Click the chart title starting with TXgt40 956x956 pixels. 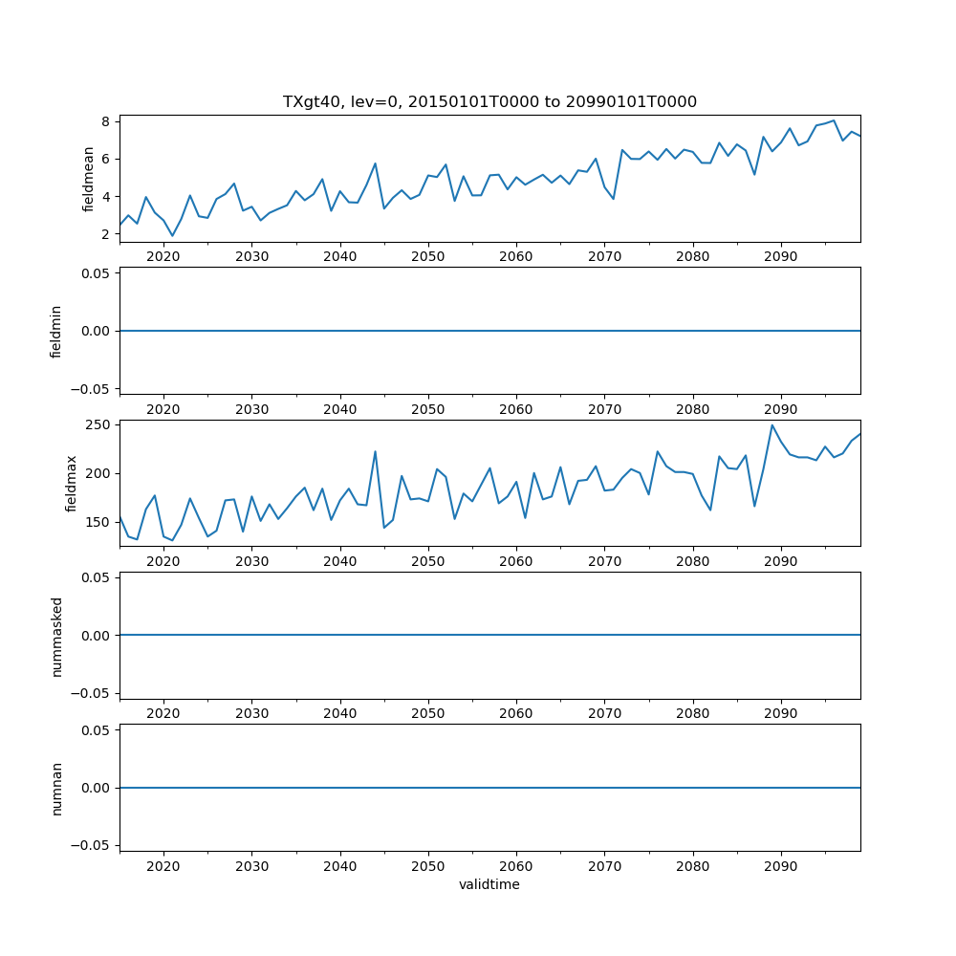click(x=489, y=101)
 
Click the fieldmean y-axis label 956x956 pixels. click(x=89, y=179)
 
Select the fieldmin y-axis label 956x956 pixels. click(x=56, y=331)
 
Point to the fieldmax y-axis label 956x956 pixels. click(x=71, y=483)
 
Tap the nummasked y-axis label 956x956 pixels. click(x=56, y=635)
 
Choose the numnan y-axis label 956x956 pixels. click(x=56, y=788)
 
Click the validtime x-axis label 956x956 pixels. click(x=489, y=884)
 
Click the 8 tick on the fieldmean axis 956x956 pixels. click(x=108, y=121)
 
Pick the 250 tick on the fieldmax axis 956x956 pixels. click(x=99, y=424)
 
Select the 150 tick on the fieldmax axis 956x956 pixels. click(x=99, y=523)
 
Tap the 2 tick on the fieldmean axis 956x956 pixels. click(x=108, y=234)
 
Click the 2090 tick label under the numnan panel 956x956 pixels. click(x=781, y=865)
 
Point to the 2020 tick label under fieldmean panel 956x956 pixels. click(x=163, y=256)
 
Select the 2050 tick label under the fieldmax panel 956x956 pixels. click(x=428, y=560)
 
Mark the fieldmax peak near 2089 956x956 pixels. click(x=772, y=425)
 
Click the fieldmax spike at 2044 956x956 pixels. click(x=375, y=451)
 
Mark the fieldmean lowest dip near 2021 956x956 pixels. click(x=172, y=235)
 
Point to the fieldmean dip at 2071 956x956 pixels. click(x=613, y=199)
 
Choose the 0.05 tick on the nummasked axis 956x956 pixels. click(x=97, y=577)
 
